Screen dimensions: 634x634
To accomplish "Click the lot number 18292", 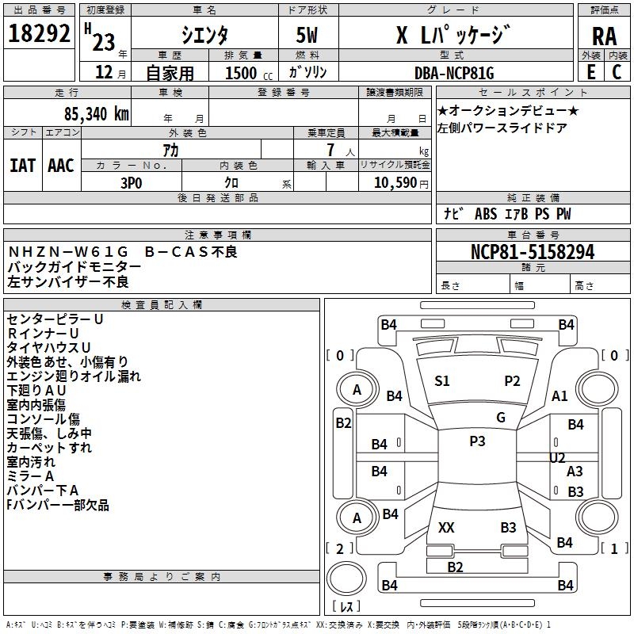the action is [40, 34].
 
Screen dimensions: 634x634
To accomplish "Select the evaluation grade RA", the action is [604, 36].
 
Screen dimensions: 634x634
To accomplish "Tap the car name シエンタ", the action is [205, 35].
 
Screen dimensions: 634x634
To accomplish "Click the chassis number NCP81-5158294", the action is [533, 253].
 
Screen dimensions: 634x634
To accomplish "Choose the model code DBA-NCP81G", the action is [454, 74].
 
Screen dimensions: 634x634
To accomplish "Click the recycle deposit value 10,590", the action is [394, 182].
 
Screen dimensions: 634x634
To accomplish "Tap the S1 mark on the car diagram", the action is [442, 381].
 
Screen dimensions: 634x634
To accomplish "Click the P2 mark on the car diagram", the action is [512, 381].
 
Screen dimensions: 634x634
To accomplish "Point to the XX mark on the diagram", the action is [446, 527].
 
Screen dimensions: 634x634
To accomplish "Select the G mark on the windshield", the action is [501, 418].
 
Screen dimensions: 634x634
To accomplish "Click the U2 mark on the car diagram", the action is [557, 457].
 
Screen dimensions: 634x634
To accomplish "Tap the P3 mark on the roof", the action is [477, 441].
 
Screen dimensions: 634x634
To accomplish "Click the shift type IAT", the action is [22, 165].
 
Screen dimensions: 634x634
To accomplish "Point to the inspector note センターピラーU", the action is [55, 319].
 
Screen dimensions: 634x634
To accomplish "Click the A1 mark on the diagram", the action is [560, 396].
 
